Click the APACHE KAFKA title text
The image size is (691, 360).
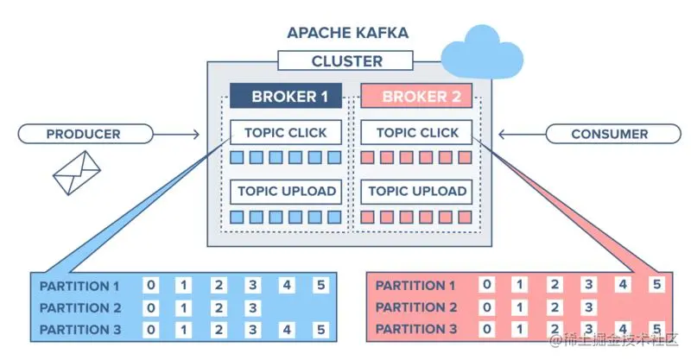coord(347,35)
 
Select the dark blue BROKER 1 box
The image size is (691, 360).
coord(286,96)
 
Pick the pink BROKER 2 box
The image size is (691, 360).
coord(416,96)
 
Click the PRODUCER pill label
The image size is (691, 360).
coord(83,134)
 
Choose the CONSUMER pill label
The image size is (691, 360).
coord(610,134)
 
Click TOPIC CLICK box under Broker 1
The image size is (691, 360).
coord(286,133)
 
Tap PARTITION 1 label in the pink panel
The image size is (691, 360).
coord(415,286)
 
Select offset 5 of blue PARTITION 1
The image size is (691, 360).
coord(320,286)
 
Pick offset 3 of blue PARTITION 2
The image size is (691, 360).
coord(252,307)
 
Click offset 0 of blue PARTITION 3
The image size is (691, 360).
coord(152,329)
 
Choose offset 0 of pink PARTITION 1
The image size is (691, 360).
coord(488,286)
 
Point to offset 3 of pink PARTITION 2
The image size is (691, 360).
coord(588,307)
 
